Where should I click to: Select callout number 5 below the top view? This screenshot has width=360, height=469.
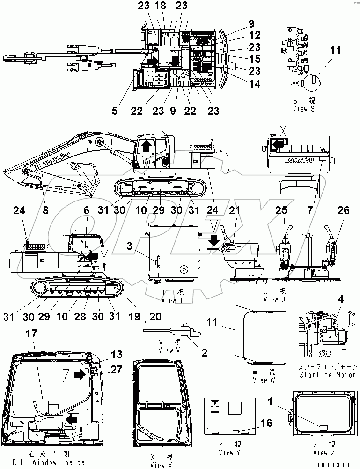pos(115,111)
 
